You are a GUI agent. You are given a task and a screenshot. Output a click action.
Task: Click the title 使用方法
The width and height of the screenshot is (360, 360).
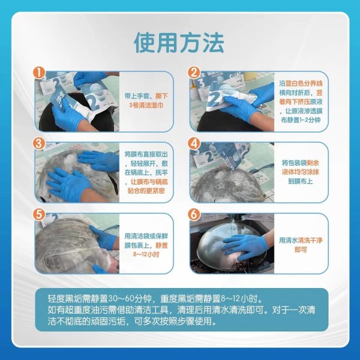[179, 43]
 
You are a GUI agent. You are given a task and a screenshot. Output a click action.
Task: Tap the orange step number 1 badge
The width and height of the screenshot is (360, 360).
[39, 73]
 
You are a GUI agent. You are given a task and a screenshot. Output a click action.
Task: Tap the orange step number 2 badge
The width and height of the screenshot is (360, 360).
[194, 73]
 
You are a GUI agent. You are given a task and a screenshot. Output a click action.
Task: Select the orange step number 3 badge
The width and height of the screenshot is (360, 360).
[39, 143]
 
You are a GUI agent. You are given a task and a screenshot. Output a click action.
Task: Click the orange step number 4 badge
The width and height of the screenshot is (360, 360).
[194, 143]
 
